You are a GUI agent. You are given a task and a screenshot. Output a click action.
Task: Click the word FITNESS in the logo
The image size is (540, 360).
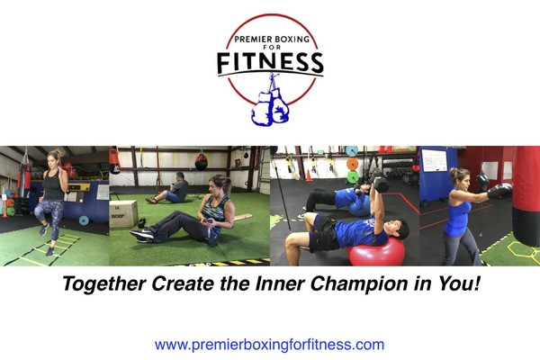[270, 63]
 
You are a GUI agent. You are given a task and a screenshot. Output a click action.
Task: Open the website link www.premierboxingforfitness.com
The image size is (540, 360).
[269, 345]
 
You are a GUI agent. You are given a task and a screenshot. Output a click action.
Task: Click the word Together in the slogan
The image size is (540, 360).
[104, 283]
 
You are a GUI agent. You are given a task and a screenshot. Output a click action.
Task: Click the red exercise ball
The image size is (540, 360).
[375, 253]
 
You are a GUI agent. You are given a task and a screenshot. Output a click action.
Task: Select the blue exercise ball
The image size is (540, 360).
[358, 208]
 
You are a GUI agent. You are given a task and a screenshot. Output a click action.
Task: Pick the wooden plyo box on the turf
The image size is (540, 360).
[123, 214]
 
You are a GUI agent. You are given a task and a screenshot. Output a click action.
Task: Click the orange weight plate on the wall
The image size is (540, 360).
[353, 164]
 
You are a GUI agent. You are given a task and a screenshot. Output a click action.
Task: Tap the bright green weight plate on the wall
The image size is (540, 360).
[353, 177]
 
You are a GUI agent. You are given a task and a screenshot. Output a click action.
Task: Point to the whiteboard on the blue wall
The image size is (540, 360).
[434, 160]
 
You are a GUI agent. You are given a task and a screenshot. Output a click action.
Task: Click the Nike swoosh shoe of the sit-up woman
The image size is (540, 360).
[142, 234]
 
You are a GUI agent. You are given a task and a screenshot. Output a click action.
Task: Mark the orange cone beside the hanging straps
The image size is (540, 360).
[309, 175]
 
